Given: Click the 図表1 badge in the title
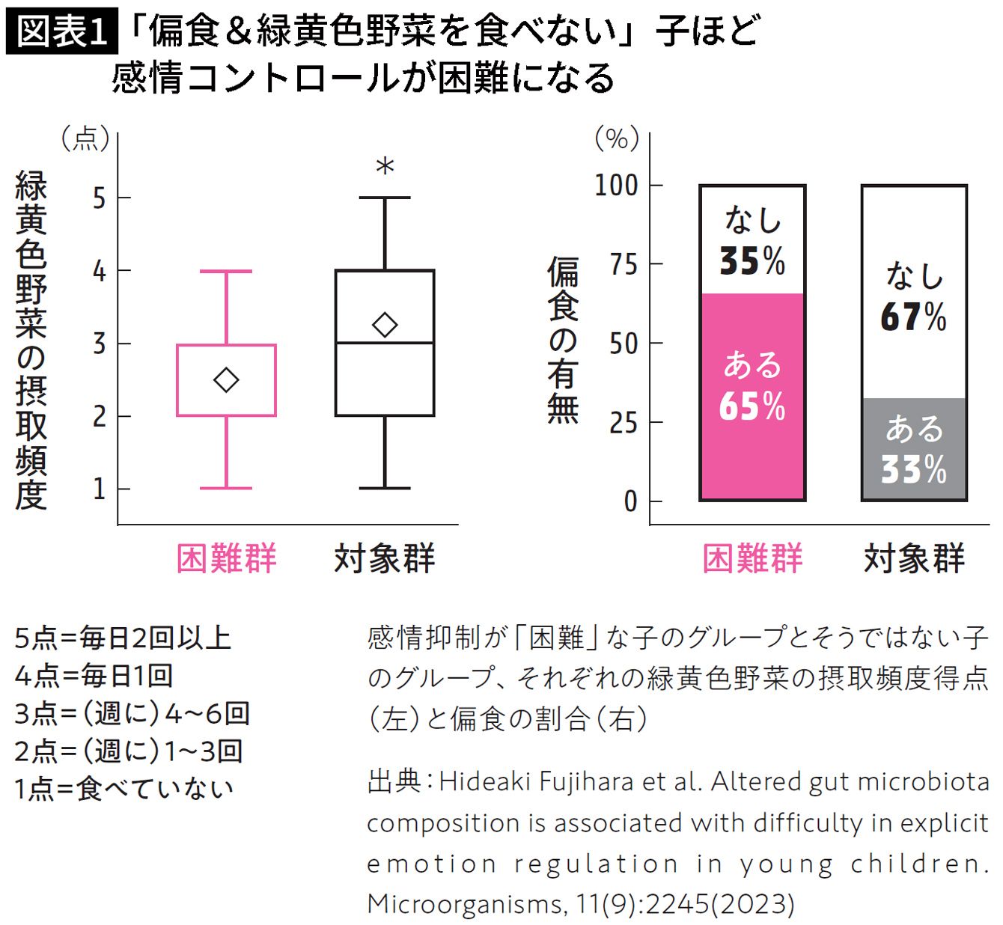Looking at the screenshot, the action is (62, 32).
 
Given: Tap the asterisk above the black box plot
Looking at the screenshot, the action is (385, 165).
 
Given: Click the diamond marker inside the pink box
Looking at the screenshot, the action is (226, 380).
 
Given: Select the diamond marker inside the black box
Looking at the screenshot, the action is (385, 325).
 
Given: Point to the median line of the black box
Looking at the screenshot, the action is (385, 343).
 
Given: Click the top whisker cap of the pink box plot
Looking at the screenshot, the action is (226, 271).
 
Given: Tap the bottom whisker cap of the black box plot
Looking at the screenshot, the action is (385, 488).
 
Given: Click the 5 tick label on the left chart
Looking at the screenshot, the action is (99, 198).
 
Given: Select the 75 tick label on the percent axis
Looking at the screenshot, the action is (624, 264).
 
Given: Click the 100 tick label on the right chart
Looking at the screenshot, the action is (616, 186).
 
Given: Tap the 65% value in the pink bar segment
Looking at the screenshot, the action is (752, 406).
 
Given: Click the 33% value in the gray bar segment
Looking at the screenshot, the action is (914, 469).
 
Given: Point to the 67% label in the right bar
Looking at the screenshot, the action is (914, 317).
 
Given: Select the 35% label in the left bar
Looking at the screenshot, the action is (752, 260).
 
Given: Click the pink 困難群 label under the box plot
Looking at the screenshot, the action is (226, 558).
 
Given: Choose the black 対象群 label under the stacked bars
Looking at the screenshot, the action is (914, 558).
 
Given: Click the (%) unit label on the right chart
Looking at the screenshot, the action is (618, 138).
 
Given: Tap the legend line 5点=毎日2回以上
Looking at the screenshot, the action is (123, 638).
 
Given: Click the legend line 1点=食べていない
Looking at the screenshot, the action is (124, 789).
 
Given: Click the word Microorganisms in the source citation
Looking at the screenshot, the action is (463, 903).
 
